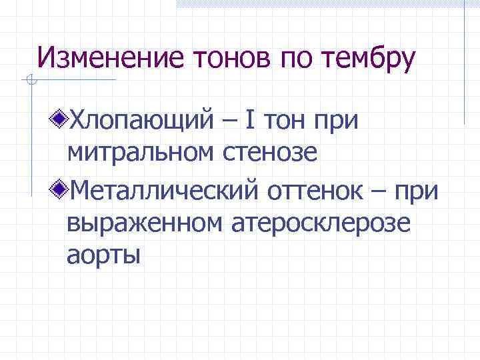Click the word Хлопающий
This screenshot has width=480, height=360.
143,122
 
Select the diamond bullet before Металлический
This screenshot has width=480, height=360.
61,189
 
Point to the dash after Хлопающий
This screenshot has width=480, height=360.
229,122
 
